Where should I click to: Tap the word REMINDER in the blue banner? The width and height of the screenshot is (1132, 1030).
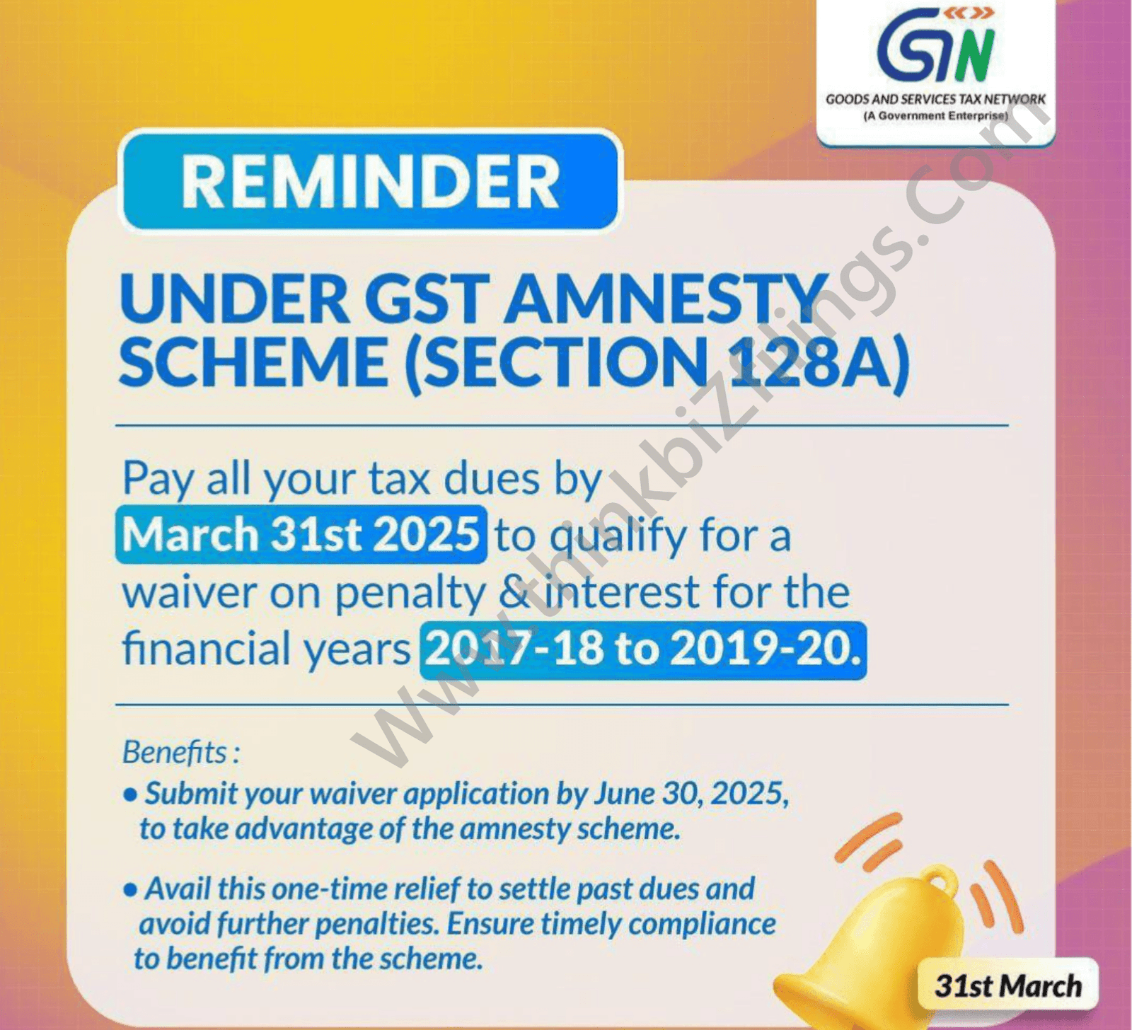371,181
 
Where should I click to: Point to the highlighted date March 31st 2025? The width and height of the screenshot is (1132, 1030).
301,534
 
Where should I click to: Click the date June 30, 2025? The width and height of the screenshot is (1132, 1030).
691,794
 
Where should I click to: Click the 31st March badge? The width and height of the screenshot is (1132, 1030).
1008,985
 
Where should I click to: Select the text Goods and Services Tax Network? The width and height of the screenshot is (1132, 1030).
935,100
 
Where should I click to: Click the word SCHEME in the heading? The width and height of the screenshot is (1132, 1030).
253,362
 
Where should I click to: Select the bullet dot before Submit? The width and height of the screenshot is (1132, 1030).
129,795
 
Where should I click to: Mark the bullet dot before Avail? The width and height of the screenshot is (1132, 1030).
129,890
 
